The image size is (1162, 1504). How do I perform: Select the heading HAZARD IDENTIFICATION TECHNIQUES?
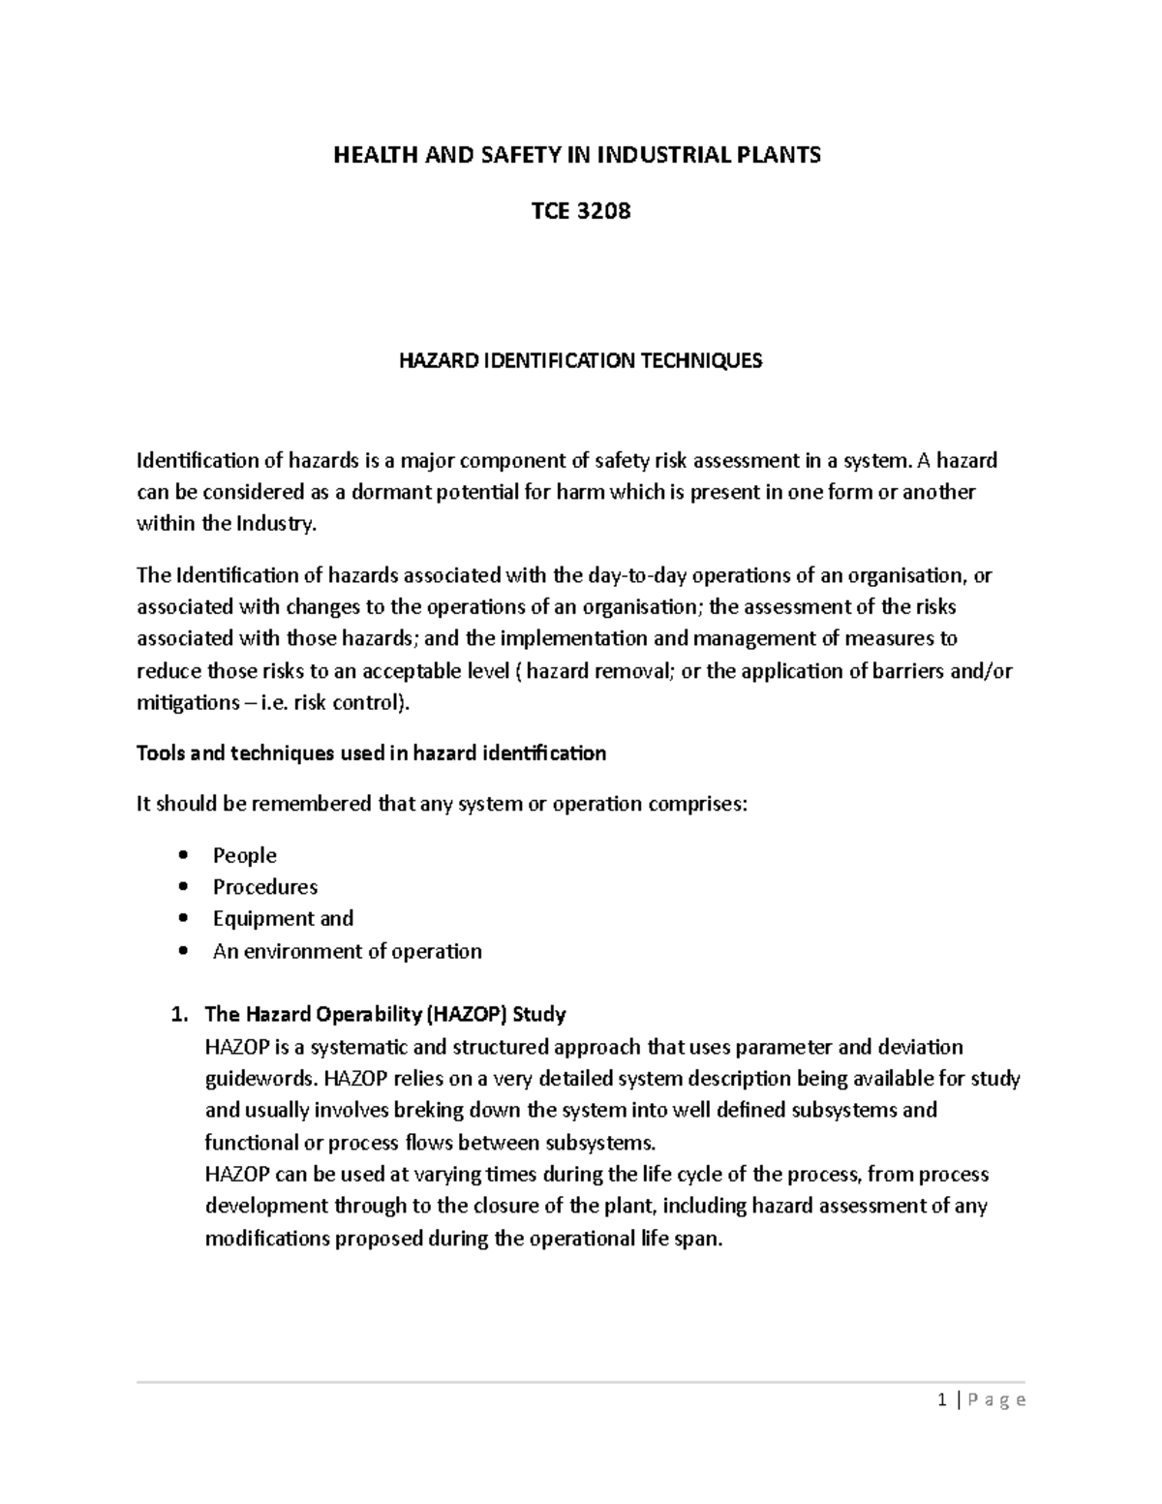(581, 361)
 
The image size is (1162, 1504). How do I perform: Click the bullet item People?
(244, 855)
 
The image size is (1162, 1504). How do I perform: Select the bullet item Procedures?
(264, 887)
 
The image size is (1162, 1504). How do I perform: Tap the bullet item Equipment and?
(283, 919)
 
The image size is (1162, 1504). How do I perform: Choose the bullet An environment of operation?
(347, 951)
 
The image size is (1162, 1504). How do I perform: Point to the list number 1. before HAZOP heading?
(177, 1015)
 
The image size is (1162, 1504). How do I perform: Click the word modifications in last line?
(266, 1239)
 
